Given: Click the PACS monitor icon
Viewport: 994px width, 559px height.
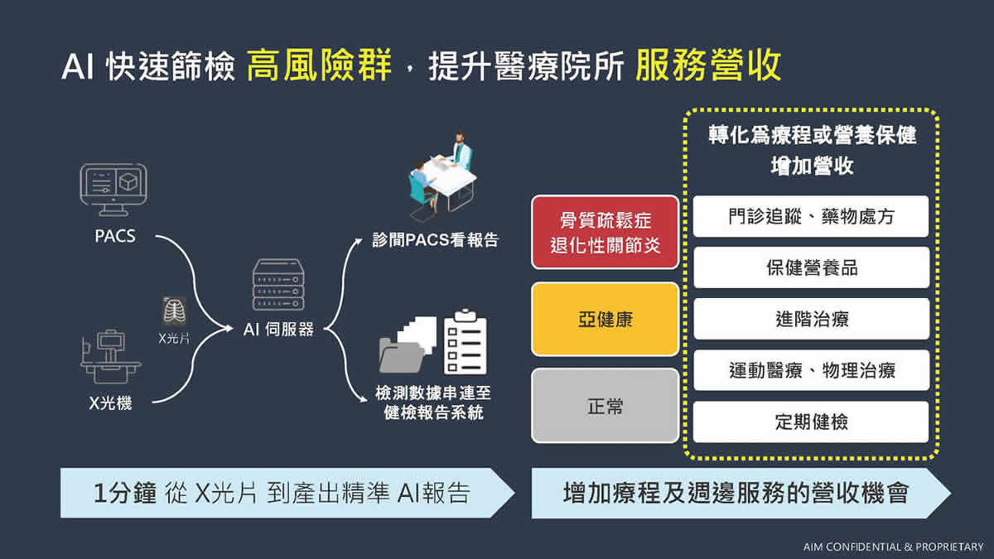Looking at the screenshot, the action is point(113,190).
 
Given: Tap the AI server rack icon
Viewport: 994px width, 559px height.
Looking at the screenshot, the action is point(278,284).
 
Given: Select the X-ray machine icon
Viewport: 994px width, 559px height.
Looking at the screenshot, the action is point(110,357).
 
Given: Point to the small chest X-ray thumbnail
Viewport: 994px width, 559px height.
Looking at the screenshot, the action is point(175,311).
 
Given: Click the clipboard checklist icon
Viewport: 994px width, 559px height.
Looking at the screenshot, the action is point(465,341).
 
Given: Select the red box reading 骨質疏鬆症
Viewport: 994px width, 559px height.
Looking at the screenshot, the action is point(606,232).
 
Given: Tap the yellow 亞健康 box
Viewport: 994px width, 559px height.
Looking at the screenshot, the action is point(606,319).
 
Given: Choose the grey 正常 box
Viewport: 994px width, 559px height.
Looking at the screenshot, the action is point(606,406).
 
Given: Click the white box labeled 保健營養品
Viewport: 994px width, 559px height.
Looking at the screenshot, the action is point(811,267).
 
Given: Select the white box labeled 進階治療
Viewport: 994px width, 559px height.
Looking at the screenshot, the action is point(811,319).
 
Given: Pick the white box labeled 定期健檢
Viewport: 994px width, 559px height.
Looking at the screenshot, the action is point(811,422).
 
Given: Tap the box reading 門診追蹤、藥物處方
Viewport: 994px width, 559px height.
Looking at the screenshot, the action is point(811,216).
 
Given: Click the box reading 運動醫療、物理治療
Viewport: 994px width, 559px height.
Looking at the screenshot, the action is point(811,370).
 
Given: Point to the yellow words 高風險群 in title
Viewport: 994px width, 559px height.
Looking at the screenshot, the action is point(319,65).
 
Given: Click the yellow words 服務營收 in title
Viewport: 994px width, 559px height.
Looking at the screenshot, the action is point(708,65).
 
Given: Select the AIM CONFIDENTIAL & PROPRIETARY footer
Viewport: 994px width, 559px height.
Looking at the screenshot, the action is point(893,547).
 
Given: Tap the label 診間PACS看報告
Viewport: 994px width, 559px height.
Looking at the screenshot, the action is point(436,240).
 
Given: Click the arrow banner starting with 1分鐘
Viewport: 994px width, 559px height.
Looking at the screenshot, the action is point(287,493).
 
